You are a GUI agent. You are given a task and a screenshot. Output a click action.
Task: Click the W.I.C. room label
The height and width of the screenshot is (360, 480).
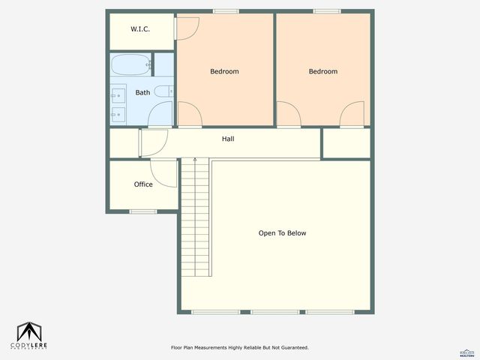140,29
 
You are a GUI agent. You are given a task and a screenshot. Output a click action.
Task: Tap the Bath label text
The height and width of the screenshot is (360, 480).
142,93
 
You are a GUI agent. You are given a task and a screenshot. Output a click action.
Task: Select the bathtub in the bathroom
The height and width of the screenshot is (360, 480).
131,64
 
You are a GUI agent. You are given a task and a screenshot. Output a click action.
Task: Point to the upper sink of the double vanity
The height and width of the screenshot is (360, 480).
118,95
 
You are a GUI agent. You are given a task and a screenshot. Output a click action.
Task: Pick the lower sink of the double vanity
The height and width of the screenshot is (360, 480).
118,115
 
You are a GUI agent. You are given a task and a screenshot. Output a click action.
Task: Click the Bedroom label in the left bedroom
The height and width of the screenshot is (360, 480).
224,71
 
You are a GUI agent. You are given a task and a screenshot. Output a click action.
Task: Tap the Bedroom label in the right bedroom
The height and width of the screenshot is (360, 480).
323,71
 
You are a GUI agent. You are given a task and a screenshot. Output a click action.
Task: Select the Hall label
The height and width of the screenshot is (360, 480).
228,139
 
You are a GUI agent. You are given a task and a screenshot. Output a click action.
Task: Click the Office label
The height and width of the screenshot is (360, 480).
143,184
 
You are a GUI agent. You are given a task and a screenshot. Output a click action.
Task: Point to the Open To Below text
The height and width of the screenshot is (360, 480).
282,233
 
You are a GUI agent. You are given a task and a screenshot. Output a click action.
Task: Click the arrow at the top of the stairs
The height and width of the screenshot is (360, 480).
195,160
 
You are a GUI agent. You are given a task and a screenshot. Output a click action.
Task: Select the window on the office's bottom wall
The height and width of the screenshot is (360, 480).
142,211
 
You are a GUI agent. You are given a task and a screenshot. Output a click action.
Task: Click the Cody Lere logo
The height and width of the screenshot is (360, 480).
29,335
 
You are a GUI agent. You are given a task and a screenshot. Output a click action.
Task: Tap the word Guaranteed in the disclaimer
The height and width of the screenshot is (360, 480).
291,348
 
